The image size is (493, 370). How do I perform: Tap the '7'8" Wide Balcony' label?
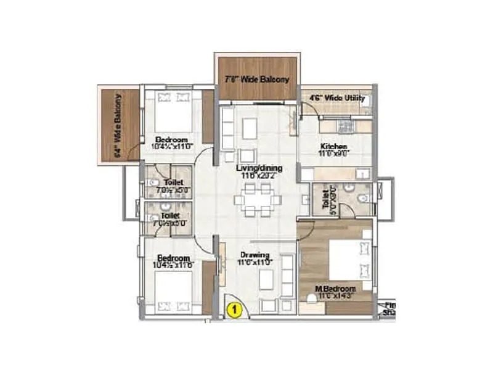[x=256, y=80]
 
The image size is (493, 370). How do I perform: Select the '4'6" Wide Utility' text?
[x=336, y=98]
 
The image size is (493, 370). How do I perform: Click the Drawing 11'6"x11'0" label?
[x=255, y=258]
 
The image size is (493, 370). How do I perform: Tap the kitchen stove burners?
[x=345, y=126]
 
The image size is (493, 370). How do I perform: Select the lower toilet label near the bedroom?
[x=169, y=220]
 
